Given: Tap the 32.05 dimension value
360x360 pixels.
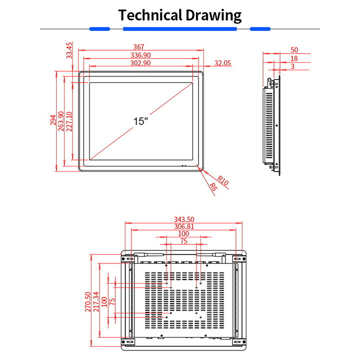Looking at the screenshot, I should [223, 63].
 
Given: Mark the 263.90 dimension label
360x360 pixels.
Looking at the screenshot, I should [61, 120].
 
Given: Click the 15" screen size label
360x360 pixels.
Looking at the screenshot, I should [141, 121].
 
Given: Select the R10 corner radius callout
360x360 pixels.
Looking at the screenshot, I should [223, 181].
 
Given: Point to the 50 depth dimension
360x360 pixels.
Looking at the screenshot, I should [294, 50].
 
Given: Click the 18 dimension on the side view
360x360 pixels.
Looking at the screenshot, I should [294, 58].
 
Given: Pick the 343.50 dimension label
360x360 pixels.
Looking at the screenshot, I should [184, 219].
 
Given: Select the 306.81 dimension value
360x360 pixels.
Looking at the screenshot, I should [184, 226].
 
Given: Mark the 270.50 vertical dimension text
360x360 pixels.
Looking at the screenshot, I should [88, 301].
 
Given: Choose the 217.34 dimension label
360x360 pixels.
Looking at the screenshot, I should [96, 301].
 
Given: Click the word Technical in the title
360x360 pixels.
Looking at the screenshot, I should [150, 15].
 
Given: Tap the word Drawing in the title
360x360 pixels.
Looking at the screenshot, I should [213, 15].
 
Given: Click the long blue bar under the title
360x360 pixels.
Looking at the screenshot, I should [180, 29].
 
